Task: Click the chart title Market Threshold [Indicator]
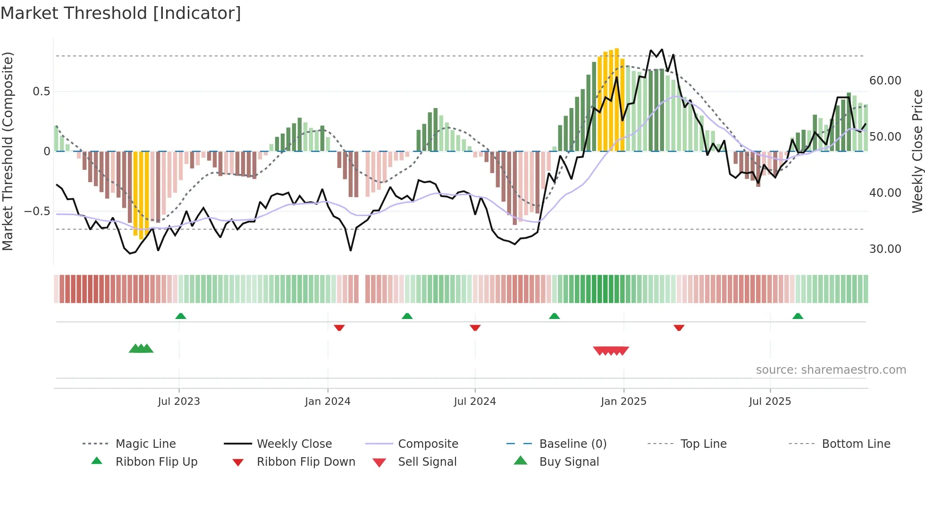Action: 121,13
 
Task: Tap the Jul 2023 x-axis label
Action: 179,402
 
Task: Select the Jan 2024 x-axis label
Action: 328,402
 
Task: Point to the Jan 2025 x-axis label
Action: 623,402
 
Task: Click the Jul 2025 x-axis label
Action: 770,402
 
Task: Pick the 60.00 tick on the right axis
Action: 885,81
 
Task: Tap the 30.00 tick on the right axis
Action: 885,249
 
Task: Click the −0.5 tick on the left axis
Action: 37,211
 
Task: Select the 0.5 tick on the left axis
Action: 41,92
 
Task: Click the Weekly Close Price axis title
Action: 917,151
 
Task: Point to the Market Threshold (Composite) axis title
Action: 8,151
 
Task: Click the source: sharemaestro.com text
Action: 831,370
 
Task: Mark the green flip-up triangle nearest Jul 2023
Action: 181,316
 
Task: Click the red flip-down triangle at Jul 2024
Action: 475,327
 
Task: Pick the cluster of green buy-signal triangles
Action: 141,349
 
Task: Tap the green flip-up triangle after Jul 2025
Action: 798,316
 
